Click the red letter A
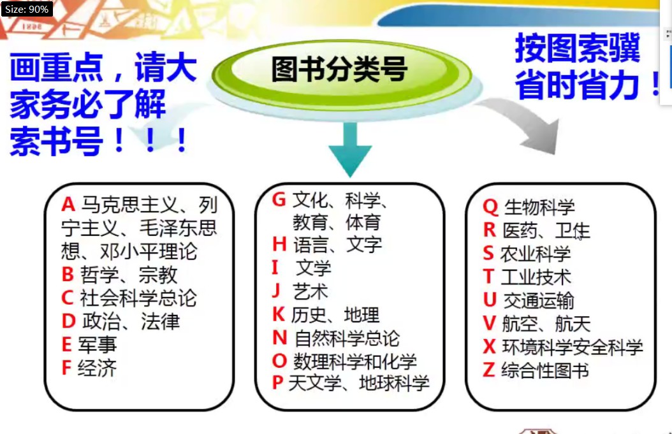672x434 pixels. (68, 205)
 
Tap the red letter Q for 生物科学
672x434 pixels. (490, 207)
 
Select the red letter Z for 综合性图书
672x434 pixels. (489, 370)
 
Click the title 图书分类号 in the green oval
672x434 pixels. (339, 69)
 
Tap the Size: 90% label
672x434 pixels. (27, 8)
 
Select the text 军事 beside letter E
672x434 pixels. (98, 345)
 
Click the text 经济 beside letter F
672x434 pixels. (98, 368)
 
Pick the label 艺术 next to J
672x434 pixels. (310, 292)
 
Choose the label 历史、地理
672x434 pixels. (335, 315)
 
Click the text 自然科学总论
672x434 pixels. (347, 338)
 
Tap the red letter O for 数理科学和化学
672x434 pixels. (279, 361)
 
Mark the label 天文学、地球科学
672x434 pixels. (359, 383)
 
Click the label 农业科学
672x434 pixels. (536, 254)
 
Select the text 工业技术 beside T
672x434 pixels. (536, 277)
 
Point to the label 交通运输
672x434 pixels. (539, 301)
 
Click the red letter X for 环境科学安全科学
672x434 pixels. (490, 346)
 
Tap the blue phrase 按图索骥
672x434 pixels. (577, 48)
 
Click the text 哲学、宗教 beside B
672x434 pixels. (129, 275)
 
